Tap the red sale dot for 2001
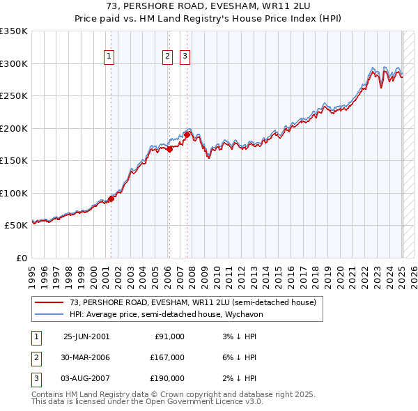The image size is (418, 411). [x=111, y=199]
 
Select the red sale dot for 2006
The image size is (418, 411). [x=169, y=148]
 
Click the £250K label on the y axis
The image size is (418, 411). [x=13, y=96]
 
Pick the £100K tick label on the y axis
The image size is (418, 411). [x=13, y=193]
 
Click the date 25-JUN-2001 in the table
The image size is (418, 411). [x=86, y=336]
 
